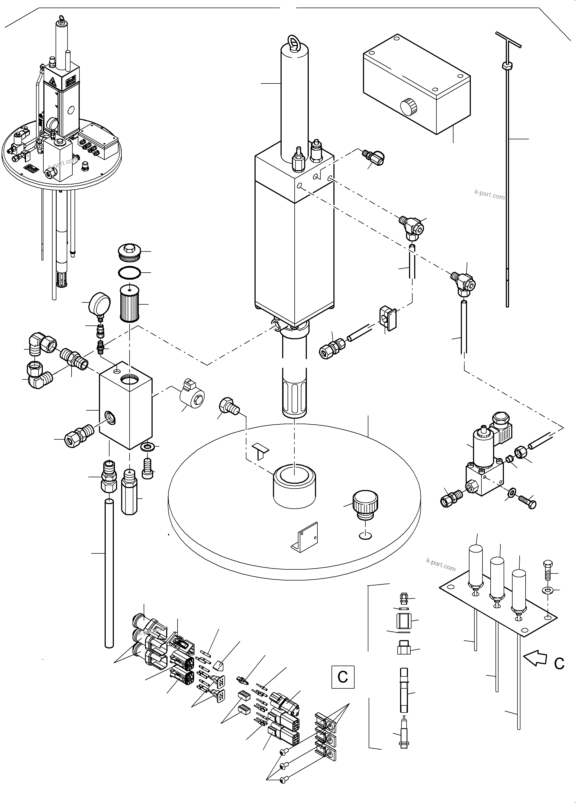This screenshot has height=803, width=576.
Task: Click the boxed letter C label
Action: click(x=342, y=677)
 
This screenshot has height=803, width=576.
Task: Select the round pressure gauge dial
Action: click(x=99, y=304)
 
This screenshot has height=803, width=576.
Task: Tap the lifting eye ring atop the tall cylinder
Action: click(x=295, y=40)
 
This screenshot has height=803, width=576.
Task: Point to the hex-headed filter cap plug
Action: click(x=129, y=251)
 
